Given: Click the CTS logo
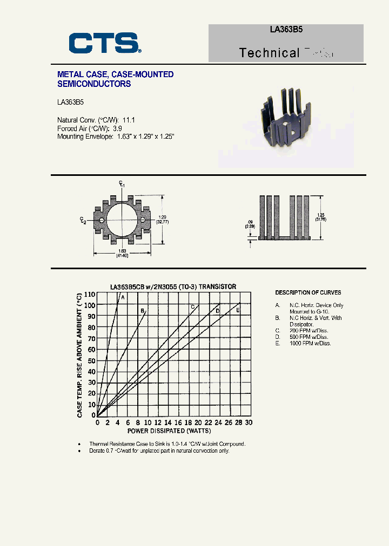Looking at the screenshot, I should (x=105, y=43).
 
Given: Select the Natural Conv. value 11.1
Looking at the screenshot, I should (x=129, y=120).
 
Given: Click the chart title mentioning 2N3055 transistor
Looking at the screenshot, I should (x=173, y=286).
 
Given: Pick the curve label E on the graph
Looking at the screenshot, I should (x=238, y=310).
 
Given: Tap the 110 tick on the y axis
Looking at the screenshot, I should (x=89, y=295).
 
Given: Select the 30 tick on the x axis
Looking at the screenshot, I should (x=249, y=423).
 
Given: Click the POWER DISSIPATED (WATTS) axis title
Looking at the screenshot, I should (x=169, y=431).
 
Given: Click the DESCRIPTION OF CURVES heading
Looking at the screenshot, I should (x=308, y=293).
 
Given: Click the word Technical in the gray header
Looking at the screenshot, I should (x=269, y=53).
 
